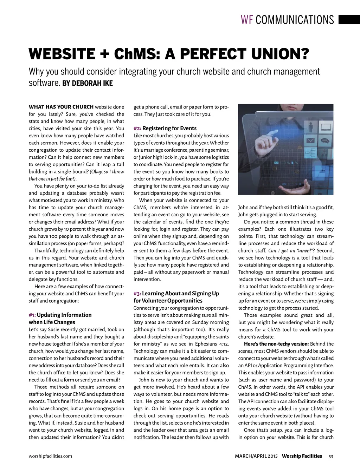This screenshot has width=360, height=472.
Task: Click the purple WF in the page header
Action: click(247, 20)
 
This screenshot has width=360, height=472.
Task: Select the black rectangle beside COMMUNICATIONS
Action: click(349, 20)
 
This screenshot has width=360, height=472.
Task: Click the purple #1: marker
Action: click(32, 315)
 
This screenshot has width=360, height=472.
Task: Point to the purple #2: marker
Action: click(137, 129)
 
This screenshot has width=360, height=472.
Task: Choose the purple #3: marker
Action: click(137, 294)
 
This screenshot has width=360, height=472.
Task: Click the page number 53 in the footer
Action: click(330, 457)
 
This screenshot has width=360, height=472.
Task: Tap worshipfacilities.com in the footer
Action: click(50, 456)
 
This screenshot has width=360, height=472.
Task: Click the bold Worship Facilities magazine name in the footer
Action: click(302, 456)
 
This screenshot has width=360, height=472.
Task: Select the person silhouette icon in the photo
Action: click(311, 126)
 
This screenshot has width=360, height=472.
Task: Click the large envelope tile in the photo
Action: click(311, 141)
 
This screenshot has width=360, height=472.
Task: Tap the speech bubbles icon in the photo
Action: click(325, 141)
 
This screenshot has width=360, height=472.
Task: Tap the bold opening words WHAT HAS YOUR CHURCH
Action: click(61, 107)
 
